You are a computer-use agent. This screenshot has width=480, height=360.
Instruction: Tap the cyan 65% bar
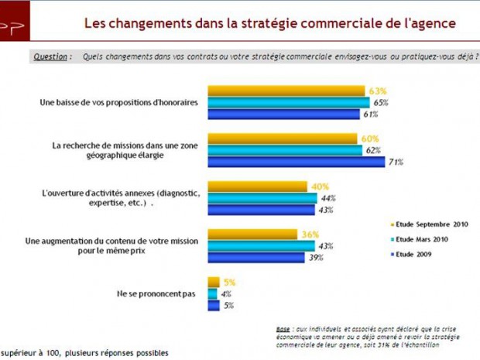(288, 102)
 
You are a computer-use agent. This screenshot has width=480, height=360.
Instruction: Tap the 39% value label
(315, 257)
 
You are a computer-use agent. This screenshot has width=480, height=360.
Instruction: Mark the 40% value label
(320, 187)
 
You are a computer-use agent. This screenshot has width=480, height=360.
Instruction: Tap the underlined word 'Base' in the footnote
(283, 328)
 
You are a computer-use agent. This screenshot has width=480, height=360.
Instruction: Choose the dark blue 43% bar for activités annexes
(262, 209)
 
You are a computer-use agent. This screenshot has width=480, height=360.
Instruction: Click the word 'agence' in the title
(433, 22)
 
